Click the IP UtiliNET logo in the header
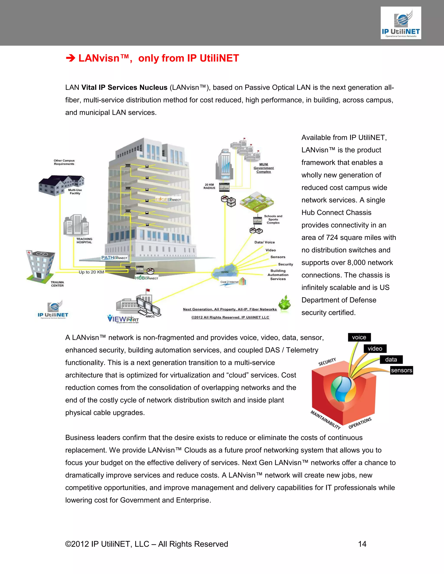click(x=401, y=23)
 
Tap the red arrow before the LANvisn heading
click(x=70, y=58)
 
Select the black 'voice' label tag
click(x=359, y=337)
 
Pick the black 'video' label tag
click(x=375, y=349)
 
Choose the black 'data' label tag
click(x=391, y=360)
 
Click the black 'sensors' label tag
click(x=401, y=370)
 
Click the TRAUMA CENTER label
click(x=57, y=284)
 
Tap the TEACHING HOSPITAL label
click(x=84, y=240)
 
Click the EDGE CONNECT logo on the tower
click(x=168, y=199)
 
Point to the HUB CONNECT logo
click(x=147, y=278)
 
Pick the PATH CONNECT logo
click(x=114, y=258)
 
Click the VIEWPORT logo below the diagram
click(x=123, y=319)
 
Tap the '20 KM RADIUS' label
click(x=209, y=186)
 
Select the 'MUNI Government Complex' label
click(x=264, y=168)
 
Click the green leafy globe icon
click(x=284, y=304)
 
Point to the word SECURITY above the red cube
click(x=327, y=362)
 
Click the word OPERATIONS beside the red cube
click(x=360, y=423)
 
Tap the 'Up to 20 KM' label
click(x=91, y=272)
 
